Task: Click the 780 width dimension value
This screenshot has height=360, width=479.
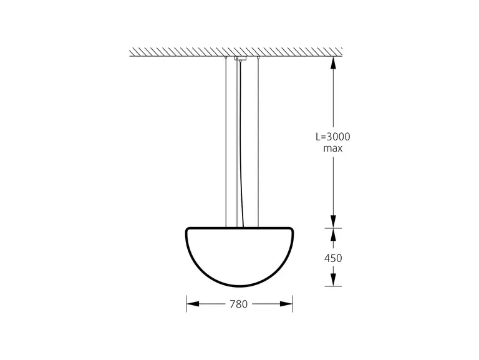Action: tap(239, 304)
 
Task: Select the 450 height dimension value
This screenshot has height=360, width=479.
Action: tap(333, 258)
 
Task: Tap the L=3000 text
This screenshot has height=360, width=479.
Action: tap(333, 137)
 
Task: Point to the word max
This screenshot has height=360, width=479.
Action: tap(333, 148)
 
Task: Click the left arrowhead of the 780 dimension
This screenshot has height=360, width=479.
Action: tap(193, 304)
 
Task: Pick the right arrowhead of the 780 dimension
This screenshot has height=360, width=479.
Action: tap(286, 304)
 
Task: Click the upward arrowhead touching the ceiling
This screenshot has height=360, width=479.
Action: tap(333, 62)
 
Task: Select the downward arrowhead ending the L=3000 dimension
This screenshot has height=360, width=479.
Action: tap(333, 221)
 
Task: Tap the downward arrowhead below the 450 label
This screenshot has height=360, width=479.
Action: tap(333, 280)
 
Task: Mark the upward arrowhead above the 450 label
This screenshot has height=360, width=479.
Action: tap(333, 235)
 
